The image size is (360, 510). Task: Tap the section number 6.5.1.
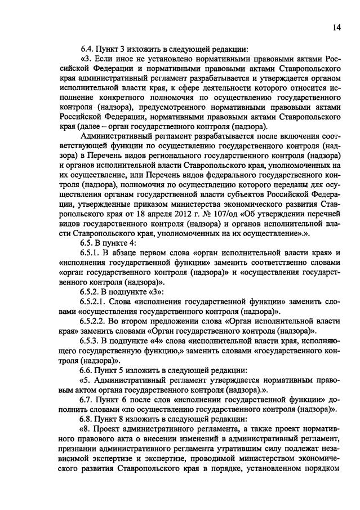coord(92,252)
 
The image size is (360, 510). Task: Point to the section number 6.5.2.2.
coord(96,320)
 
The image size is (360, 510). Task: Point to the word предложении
coord(162,320)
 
